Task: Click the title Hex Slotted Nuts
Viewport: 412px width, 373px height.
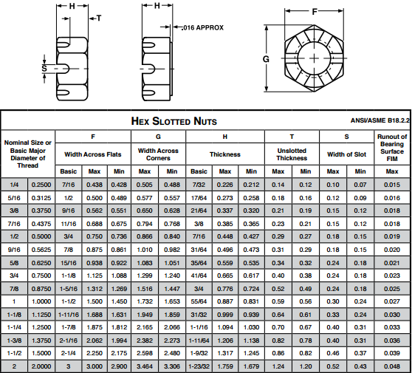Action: (x=174, y=121)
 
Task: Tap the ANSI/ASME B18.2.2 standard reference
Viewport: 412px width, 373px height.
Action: (x=380, y=120)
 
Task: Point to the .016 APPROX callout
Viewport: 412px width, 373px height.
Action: (x=202, y=27)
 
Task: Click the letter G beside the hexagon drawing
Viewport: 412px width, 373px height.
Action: (x=266, y=59)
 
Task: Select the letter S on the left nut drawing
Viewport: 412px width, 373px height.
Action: (x=44, y=69)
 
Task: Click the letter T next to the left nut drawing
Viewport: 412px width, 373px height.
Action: (x=99, y=18)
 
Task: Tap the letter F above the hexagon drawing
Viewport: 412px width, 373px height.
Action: (x=315, y=12)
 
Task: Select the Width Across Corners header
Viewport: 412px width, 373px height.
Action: (x=158, y=154)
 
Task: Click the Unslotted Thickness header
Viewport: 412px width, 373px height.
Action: (x=292, y=154)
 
